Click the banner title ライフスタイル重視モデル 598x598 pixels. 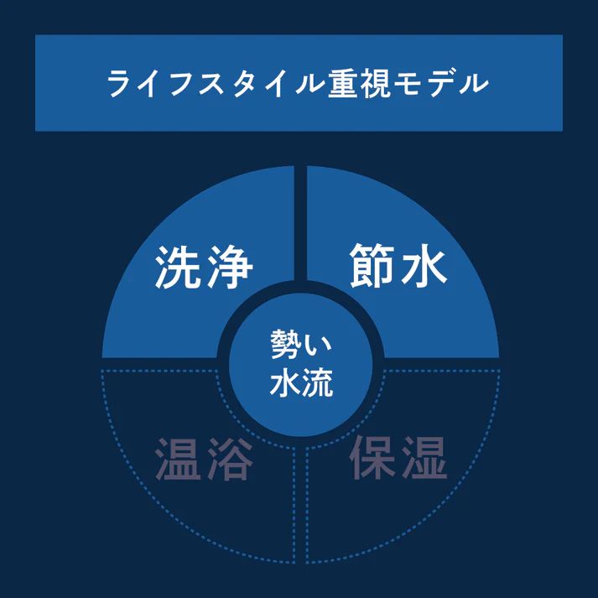[298, 84]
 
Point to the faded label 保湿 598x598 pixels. [398, 457]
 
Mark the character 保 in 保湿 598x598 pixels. [373, 457]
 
